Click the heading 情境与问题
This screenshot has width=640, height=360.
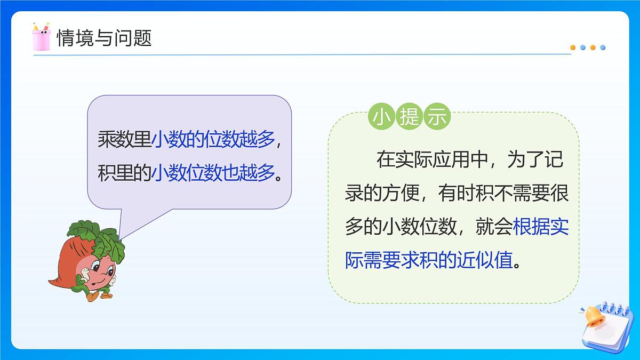pos(104,38)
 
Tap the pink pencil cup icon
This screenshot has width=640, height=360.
pos(41,37)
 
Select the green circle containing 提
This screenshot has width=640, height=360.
pos(409,118)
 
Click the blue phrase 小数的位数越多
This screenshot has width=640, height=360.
pos(213,139)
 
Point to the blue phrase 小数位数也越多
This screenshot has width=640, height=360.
pos(213,173)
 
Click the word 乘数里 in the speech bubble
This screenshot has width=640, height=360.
pos(124,139)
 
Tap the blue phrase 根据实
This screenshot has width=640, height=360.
pos(541,228)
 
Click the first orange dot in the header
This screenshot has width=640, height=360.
pos(573,47)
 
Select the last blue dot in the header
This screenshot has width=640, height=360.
pos(603,47)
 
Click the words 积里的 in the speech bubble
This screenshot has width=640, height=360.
pos(124,173)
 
